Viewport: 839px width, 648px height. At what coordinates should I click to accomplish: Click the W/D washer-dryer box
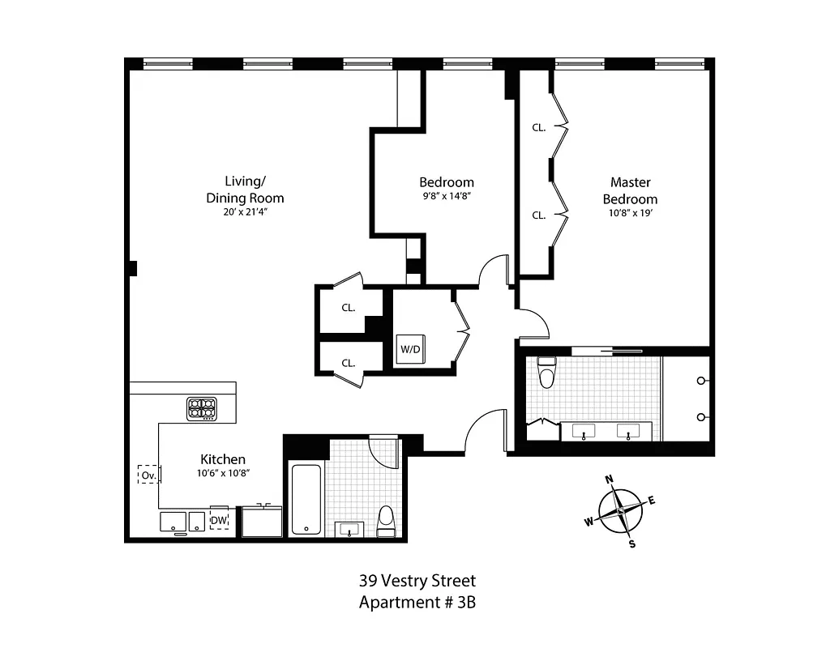click(410, 349)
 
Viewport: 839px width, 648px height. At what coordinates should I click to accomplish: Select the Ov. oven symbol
click(148, 475)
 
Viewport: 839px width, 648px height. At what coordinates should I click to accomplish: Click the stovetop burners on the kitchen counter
click(202, 408)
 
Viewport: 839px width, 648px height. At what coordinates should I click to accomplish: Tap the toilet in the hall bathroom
click(386, 519)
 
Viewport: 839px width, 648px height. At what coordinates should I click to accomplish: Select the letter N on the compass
click(610, 478)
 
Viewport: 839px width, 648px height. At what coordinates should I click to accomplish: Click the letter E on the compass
click(651, 500)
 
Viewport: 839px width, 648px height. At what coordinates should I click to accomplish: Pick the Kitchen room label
click(223, 459)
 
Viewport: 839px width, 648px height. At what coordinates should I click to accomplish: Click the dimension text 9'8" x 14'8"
click(446, 195)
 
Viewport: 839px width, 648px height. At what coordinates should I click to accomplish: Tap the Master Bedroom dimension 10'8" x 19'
click(633, 213)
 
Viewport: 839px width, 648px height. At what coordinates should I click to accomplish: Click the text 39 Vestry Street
click(417, 581)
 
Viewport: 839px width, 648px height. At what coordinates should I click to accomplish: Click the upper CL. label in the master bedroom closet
click(539, 127)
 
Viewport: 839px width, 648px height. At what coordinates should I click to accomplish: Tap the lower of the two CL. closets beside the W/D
click(349, 363)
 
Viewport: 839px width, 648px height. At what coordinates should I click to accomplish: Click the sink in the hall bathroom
click(350, 529)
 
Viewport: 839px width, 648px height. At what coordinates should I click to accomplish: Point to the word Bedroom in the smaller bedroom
click(446, 182)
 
